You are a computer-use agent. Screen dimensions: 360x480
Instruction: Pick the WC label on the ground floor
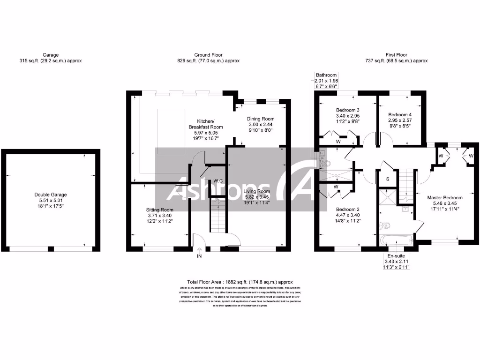point(218,180)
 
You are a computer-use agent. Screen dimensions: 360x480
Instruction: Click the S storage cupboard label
point(387,179)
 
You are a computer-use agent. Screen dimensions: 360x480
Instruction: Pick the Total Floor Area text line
point(240,281)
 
